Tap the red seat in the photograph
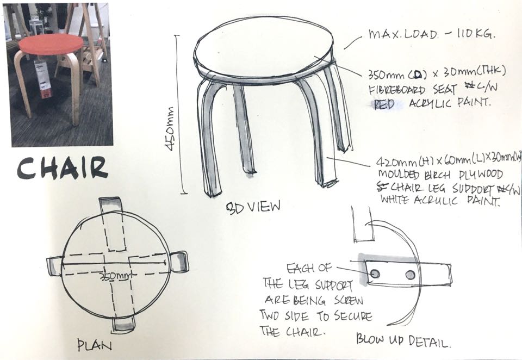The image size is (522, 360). [x=51, y=44]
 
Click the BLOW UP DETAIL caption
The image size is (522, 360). [x=403, y=340]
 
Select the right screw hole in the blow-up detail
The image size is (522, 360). [x=410, y=275]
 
